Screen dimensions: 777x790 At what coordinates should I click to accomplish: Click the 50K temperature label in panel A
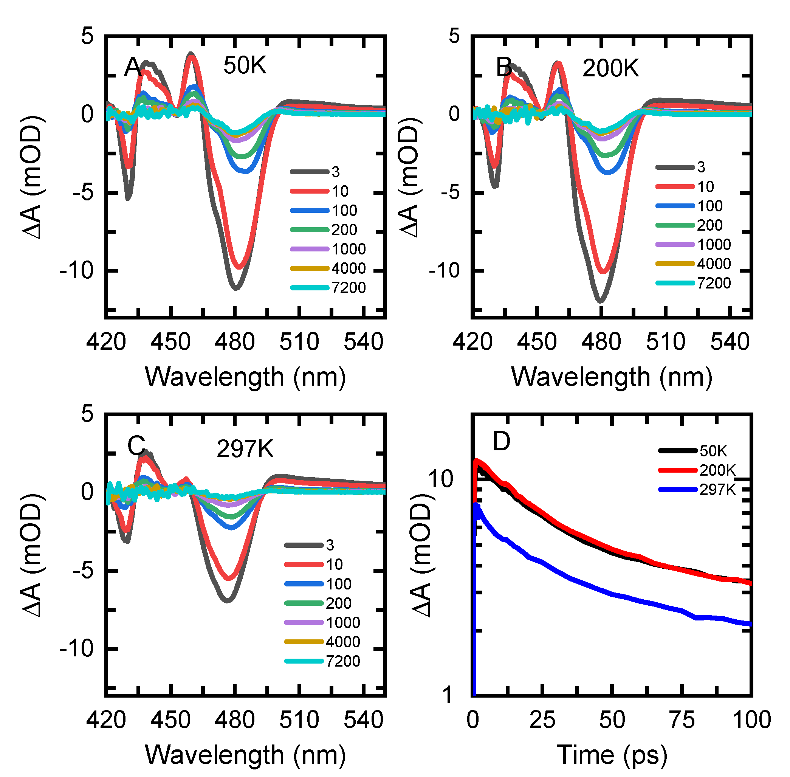pyautogui.click(x=245, y=65)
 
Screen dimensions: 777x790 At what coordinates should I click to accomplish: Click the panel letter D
pyautogui.click(x=501, y=441)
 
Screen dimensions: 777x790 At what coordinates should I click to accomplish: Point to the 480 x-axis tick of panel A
pyautogui.click(x=235, y=342)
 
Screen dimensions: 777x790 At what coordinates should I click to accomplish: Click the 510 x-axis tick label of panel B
pyautogui.click(x=665, y=342)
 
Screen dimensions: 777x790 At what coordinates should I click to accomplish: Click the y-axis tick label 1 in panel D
pyautogui.click(x=447, y=695)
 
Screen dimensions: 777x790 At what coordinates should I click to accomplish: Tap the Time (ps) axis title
pyautogui.click(x=612, y=755)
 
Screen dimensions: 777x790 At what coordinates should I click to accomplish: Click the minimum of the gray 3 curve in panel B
pyautogui.click(x=600, y=301)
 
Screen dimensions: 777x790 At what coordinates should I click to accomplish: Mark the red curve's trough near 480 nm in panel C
pyautogui.click(x=230, y=578)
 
